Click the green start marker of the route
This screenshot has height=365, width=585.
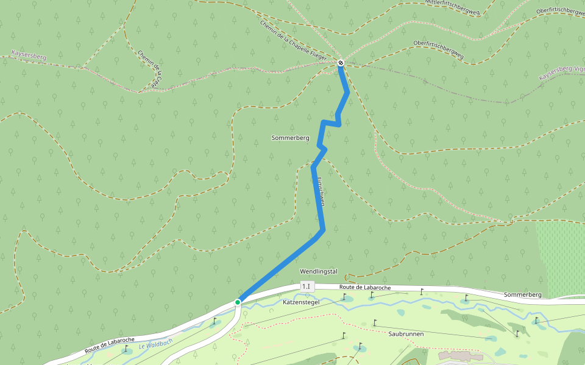coord(238,302)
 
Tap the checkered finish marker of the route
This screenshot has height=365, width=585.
coord(341,63)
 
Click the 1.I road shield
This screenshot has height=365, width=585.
coord(306,286)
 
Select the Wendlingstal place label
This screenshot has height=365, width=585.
coord(319,271)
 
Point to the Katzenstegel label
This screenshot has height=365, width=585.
coord(301,302)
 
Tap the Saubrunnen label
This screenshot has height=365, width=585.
coord(406,334)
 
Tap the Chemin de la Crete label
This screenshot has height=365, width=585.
coord(151,69)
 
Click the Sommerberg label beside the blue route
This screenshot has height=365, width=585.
coord(290,138)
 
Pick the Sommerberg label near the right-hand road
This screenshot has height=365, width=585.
coord(523,294)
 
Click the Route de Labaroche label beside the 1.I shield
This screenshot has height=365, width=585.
coord(364,287)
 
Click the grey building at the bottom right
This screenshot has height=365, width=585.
coord(460,355)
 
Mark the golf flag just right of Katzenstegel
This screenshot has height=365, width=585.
coord(344,297)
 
